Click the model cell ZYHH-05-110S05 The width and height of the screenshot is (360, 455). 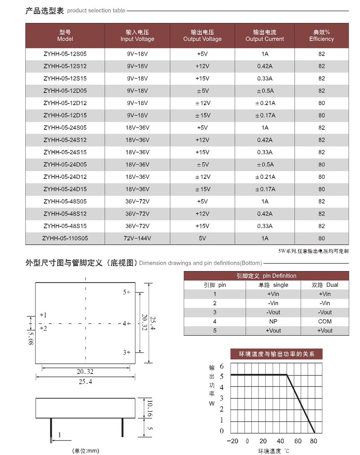click(x=65, y=238)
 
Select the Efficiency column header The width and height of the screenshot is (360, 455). click(x=321, y=36)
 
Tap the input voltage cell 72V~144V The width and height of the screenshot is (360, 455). click(x=137, y=238)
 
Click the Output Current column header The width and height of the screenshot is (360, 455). click(x=265, y=36)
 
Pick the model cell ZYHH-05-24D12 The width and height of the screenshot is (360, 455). click(x=65, y=177)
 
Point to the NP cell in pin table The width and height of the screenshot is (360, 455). click(x=273, y=321)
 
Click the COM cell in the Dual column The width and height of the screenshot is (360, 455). click(x=325, y=321)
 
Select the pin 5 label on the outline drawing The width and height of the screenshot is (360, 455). click(x=125, y=292)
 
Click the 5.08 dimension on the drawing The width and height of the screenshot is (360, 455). click(x=31, y=338)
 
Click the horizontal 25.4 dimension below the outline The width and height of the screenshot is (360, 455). click(x=85, y=382)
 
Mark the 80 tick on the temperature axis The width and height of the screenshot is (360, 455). click(x=313, y=441)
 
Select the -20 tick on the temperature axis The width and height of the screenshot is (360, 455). click(x=233, y=441)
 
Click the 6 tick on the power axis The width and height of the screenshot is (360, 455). click(x=221, y=366)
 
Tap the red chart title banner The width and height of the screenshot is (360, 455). click(x=276, y=354)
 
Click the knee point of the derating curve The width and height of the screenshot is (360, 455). click(x=287, y=375)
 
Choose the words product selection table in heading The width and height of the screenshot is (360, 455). click(x=96, y=11)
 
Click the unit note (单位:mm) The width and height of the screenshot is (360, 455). click(x=86, y=451)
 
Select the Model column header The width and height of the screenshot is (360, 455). click(x=65, y=36)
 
